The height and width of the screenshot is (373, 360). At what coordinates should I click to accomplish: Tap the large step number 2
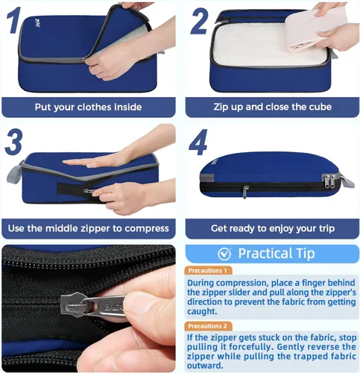click(199, 21)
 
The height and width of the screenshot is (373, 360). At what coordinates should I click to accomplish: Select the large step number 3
click(14, 142)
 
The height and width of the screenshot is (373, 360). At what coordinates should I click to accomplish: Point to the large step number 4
click(198, 142)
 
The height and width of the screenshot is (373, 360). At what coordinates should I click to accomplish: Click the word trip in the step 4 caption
click(326, 228)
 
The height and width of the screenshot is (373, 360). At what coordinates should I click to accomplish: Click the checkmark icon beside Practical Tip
click(224, 254)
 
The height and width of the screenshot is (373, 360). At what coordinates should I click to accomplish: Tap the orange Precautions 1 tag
click(208, 270)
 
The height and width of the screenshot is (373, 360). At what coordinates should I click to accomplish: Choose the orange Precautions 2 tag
click(208, 326)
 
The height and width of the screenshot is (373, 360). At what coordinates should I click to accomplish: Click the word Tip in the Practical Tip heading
click(306, 254)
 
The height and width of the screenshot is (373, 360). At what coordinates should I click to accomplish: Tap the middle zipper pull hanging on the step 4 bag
click(245, 192)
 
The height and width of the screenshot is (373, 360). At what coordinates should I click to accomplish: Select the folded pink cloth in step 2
click(315, 28)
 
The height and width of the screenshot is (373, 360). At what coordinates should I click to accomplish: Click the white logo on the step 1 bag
click(38, 22)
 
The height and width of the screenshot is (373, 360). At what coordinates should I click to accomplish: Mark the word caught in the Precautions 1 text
click(202, 312)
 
